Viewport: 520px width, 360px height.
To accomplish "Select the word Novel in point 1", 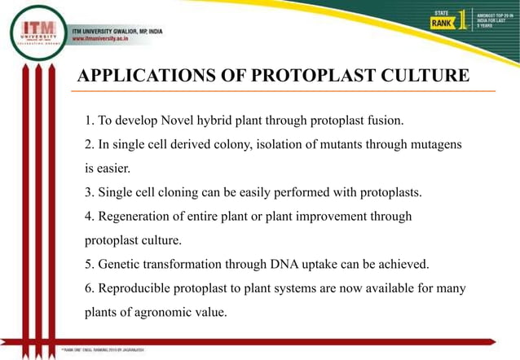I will coord(188,121).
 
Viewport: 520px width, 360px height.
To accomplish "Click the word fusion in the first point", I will coord(380,121).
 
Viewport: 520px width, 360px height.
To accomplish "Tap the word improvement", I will coord(335,217).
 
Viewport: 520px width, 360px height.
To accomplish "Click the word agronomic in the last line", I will coord(163,312).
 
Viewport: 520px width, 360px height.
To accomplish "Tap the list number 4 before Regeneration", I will coord(89,217).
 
